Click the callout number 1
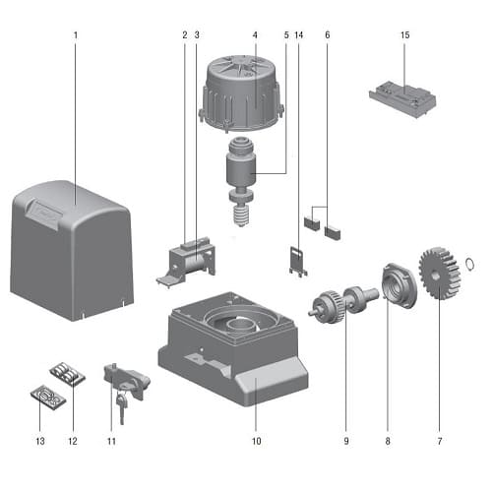click(x=76, y=35)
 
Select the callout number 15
click(x=404, y=35)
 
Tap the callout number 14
click(x=299, y=35)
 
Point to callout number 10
click(x=257, y=441)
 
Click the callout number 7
click(x=440, y=441)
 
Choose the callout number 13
click(x=40, y=441)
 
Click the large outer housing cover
click(x=72, y=251)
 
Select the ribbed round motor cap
click(x=241, y=92)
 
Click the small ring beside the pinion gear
click(x=469, y=264)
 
